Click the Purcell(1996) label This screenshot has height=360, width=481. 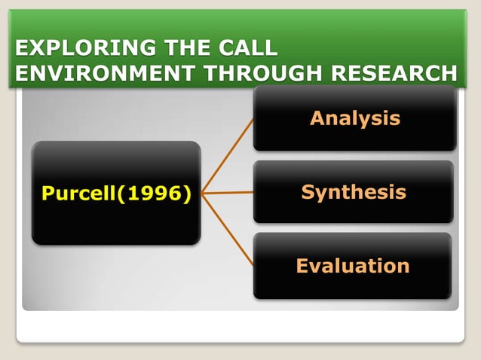pos(116,194)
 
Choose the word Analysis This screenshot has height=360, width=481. pos(354,118)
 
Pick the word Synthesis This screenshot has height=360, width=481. pos(354,192)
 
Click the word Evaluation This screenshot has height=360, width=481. pos(353,266)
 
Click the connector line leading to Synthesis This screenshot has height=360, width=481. pos(228,193)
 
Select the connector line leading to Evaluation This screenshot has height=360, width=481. pos(228,229)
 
